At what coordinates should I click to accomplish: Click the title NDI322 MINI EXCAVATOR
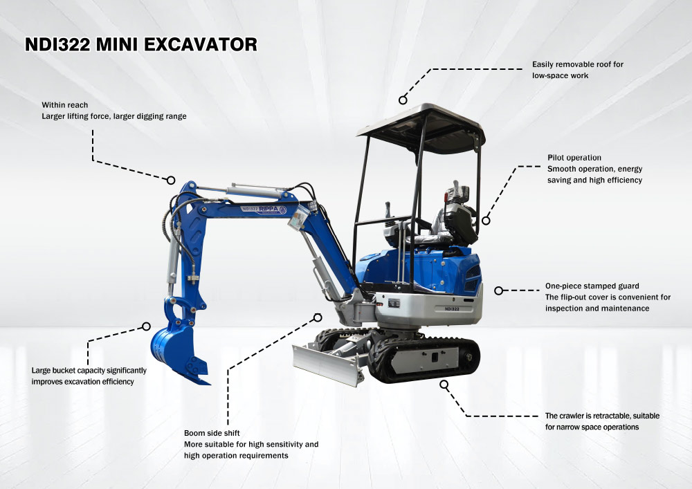pyautogui.click(x=140, y=45)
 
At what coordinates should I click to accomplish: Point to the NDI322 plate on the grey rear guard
pyautogui.click(x=452, y=308)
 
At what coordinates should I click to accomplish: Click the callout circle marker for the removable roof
pyautogui.click(x=403, y=100)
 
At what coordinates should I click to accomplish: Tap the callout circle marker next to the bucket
pyautogui.click(x=146, y=326)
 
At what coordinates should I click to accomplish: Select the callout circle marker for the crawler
pyautogui.click(x=444, y=383)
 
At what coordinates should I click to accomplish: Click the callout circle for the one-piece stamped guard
pyautogui.click(x=498, y=290)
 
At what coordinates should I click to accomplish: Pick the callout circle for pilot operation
pyautogui.click(x=486, y=221)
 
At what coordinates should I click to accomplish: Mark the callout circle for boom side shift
pyautogui.click(x=318, y=317)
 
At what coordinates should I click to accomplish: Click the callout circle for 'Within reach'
pyautogui.click(x=171, y=180)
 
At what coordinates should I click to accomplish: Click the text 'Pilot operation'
pyautogui.click(x=574, y=158)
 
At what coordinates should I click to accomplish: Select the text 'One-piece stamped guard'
pyautogui.click(x=592, y=286)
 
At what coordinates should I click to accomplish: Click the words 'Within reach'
pyautogui.click(x=64, y=105)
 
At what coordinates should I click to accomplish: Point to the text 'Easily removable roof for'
pyautogui.click(x=577, y=64)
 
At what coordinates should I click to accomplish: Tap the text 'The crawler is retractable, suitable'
pyautogui.click(x=602, y=416)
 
